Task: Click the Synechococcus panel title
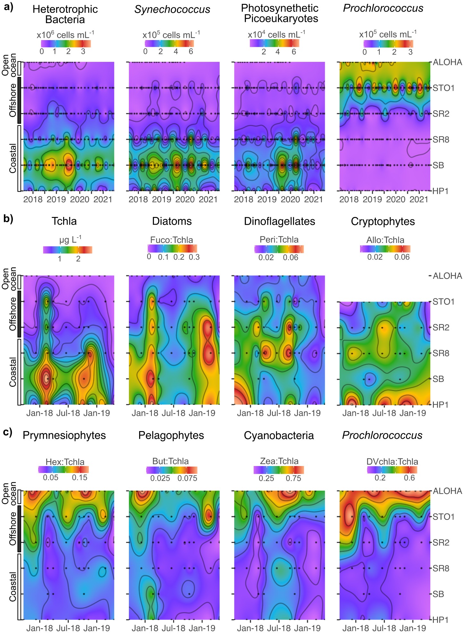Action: click(x=172, y=10)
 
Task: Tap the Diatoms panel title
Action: click(x=172, y=221)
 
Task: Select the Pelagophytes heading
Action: click(x=171, y=435)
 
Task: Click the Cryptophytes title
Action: click(x=383, y=221)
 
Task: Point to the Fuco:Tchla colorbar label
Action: click(x=172, y=240)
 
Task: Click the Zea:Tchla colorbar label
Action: click(x=279, y=461)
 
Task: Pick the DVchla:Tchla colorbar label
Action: click(x=392, y=462)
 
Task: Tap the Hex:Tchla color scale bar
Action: click(x=63, y=470)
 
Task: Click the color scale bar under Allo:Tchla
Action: click(x=385, y=249)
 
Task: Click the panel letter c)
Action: click(x=8, y=432)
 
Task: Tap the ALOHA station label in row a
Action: click(x=447, y=62)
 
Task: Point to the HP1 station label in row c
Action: click(x=440, y=620)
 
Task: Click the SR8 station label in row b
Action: click(x=441, y=353)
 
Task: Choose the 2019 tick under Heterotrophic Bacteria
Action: click(x=56, y=199)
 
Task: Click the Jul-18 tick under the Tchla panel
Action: click(x=68, y=413)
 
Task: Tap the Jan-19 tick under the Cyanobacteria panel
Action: click(x=307, y=628)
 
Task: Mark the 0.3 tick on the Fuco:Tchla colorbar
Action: click(x=194, y=257)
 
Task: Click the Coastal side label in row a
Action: click(x=13, y=158)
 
